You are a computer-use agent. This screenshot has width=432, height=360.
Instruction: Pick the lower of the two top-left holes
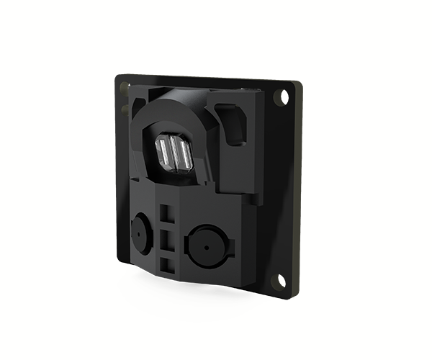(125, 109)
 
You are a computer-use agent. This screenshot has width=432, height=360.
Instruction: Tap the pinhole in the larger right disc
(204, 247)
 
